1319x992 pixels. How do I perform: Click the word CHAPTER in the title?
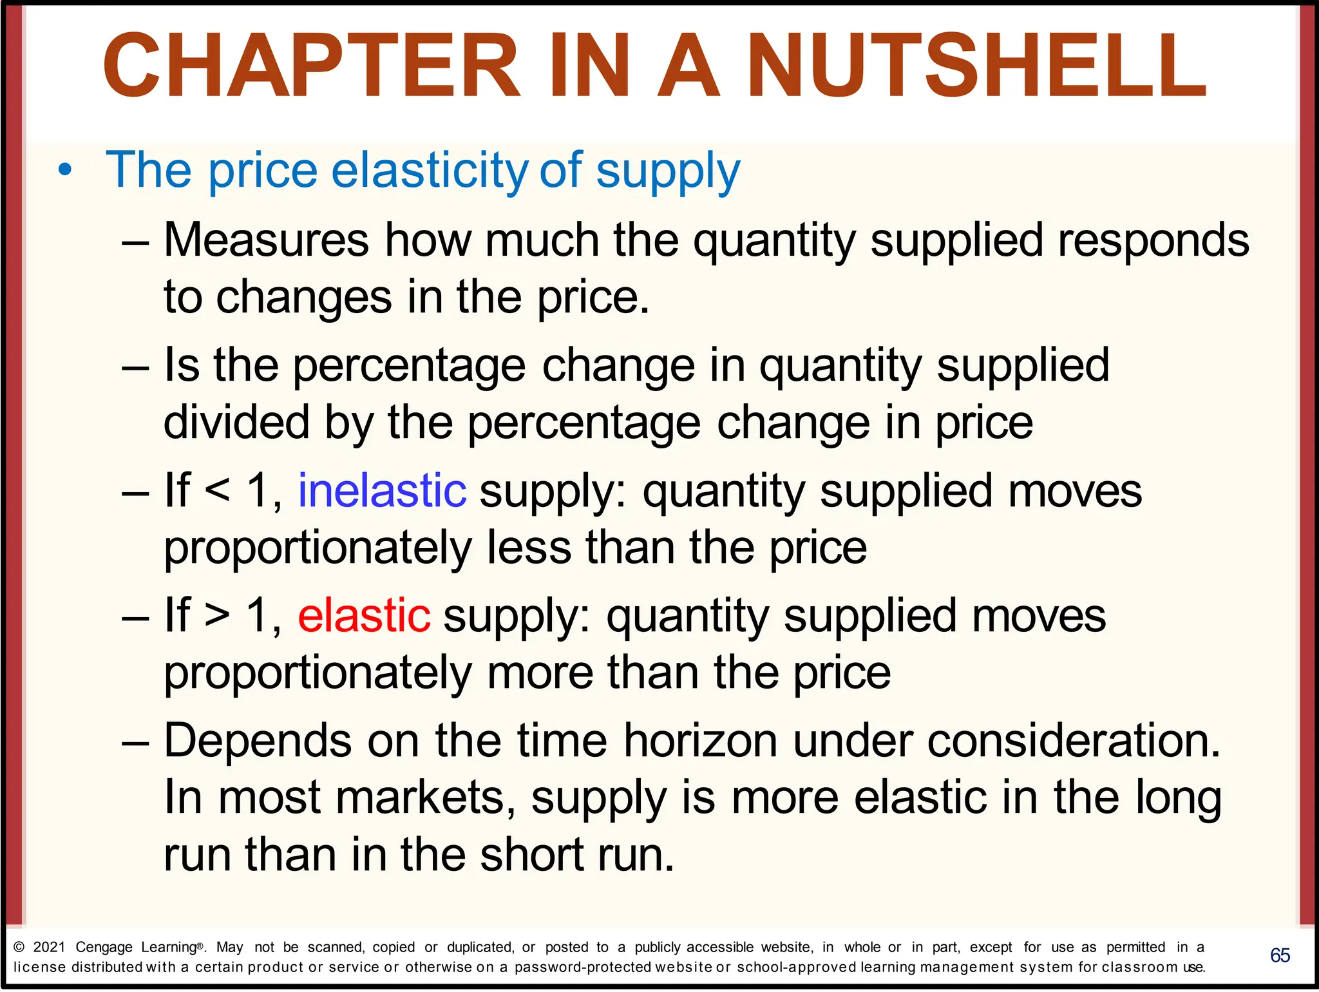(x=312, y=66)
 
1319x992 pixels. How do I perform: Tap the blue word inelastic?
(x=382, y=491)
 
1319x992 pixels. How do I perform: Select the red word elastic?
(x=364, y=616)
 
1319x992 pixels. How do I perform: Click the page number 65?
(x=1280, y=955)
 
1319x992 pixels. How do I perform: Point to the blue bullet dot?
(x=64, y=171)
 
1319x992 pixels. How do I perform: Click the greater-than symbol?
(x=217, y=616)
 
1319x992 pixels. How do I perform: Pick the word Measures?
(x=266, y=240)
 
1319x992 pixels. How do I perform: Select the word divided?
(x=236, y=423)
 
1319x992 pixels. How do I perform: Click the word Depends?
(x=258, y=741)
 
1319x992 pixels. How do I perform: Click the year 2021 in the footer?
(x=49, y=947)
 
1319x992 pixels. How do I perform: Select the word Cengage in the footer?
(x=104, y=948)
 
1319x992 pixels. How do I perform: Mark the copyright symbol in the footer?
(x=19, y=947)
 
